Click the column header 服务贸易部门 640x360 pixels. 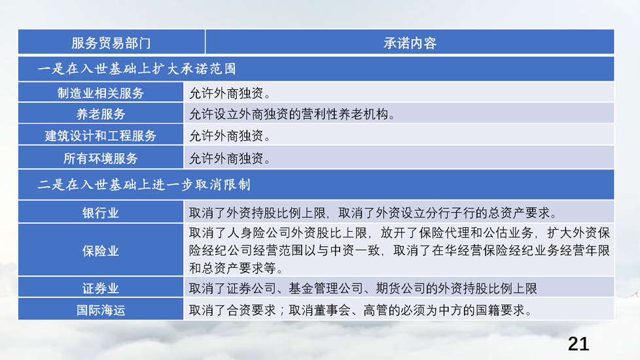click(111, 43)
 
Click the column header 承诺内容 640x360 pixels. click(410, 43)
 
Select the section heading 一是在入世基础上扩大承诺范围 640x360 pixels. click(137, 69)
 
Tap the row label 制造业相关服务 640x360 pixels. click(100, 93)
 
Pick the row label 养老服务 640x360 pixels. click(100, 114)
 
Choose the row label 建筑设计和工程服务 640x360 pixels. click(100, 135)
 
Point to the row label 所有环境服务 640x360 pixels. click(100, 158)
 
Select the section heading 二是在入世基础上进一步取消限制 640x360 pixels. click(144, 185)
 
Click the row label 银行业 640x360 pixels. click(100, 213)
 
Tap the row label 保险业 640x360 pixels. click(100, 251)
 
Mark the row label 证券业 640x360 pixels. click(100, 289)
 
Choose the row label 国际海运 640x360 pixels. click(100, 310)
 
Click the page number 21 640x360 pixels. click(578, 344)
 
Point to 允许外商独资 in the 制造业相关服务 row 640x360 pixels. click(226, 93)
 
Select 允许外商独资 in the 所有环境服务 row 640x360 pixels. click(226, 158)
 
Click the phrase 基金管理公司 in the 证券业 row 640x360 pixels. click(326, 289)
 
